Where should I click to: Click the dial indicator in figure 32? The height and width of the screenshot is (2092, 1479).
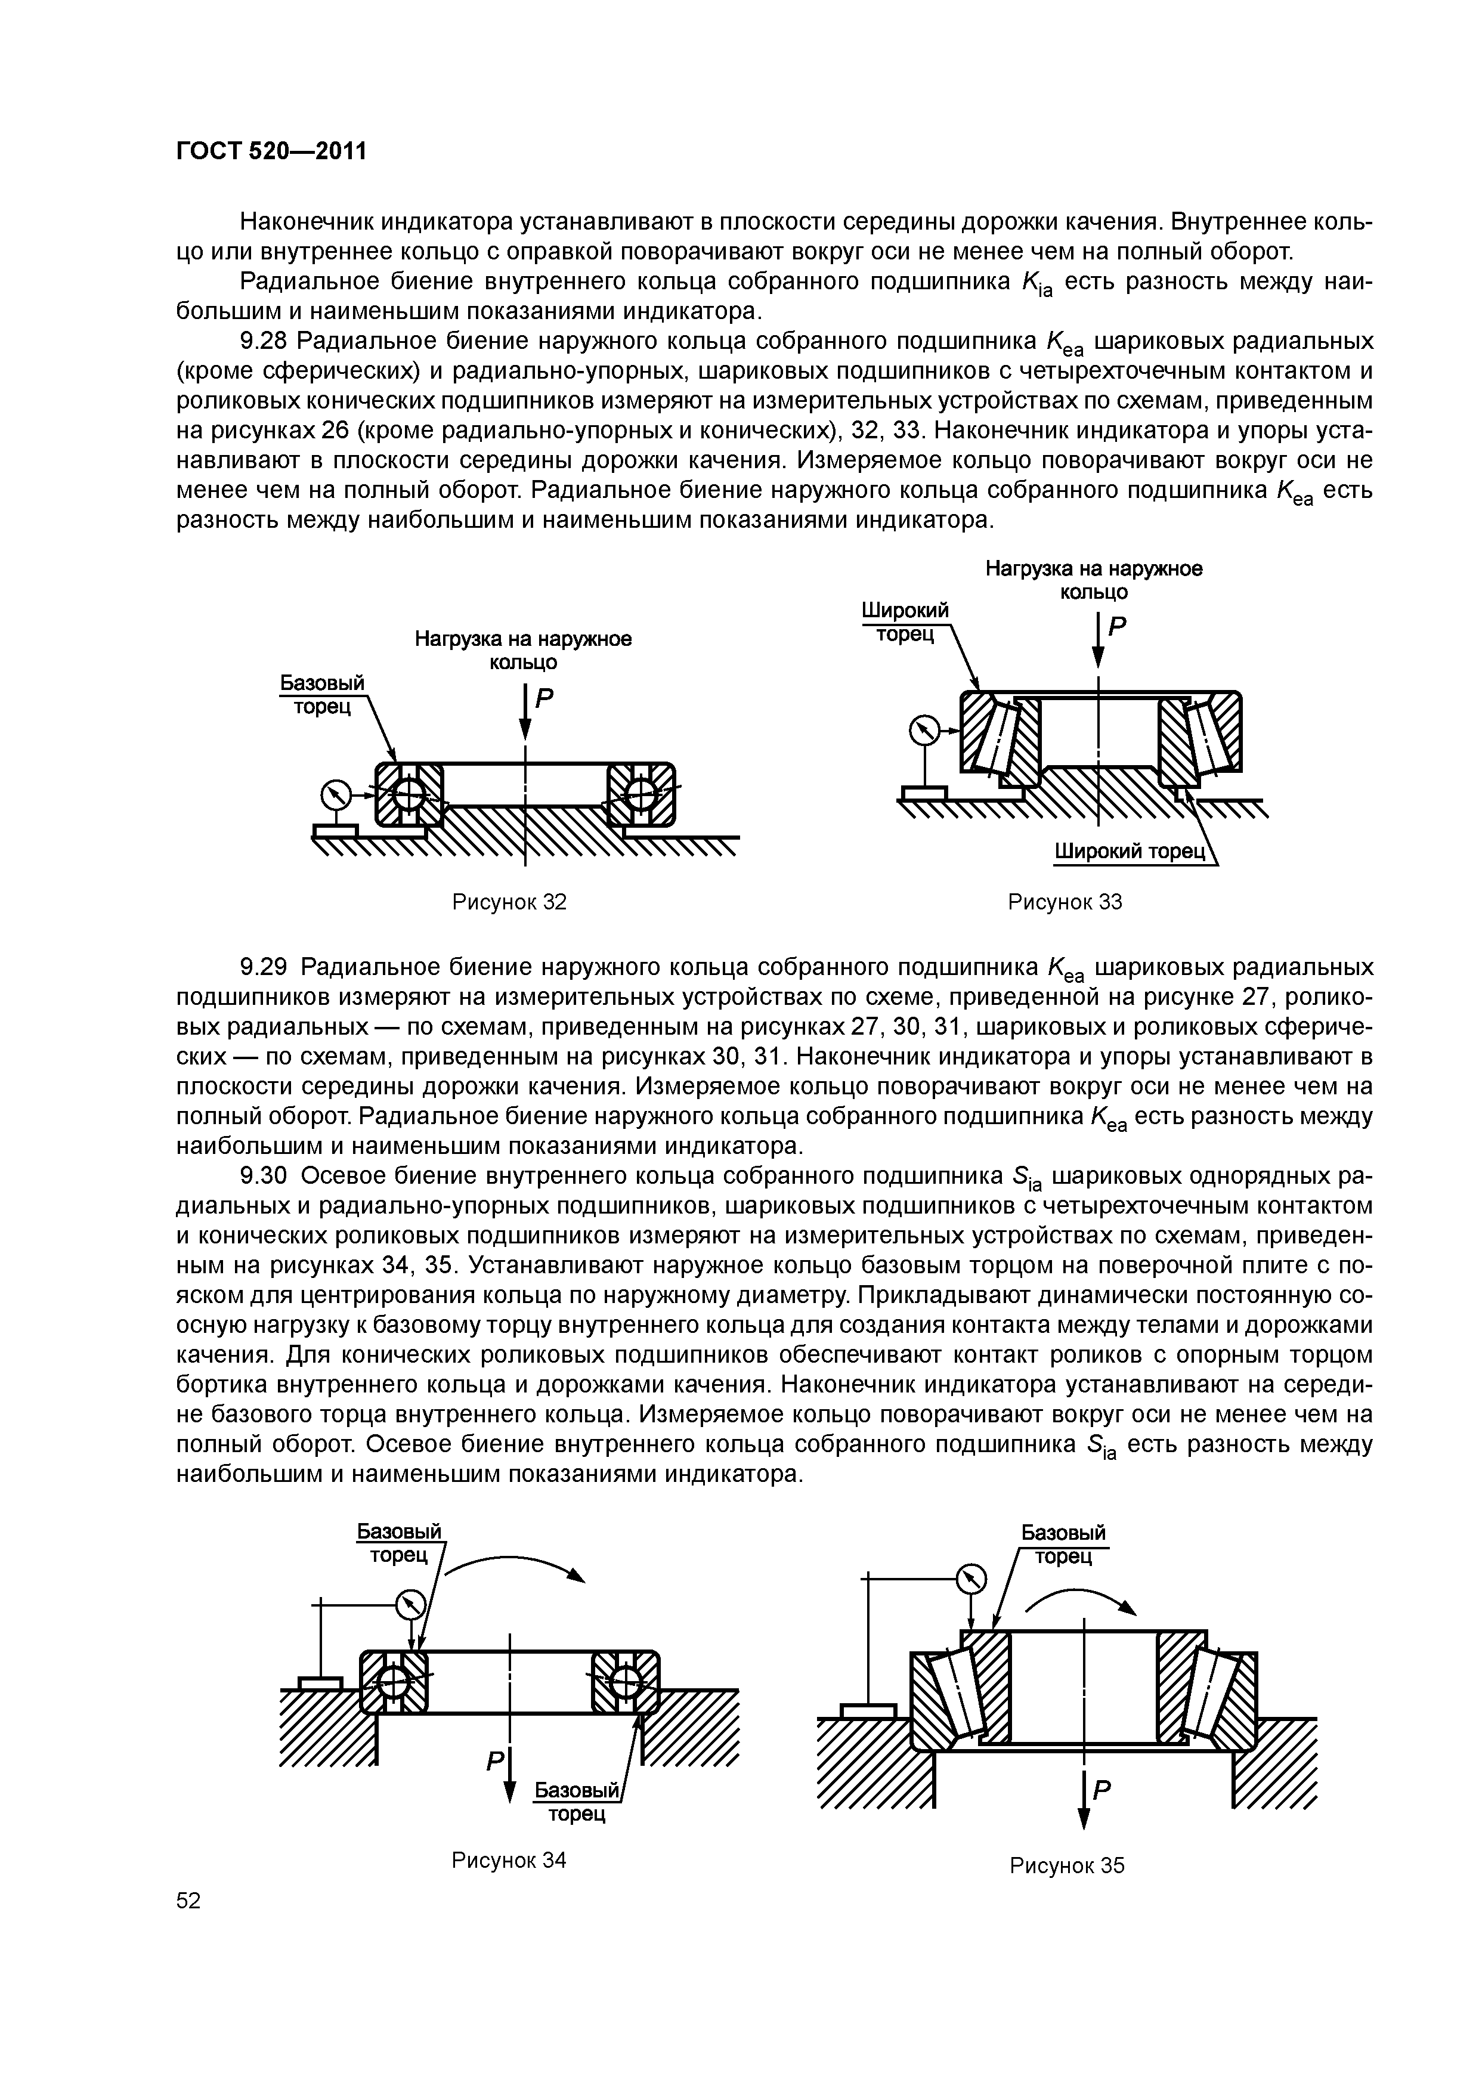click(x=335, y=794)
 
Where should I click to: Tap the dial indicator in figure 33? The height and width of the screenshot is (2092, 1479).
click(x=923, y=731)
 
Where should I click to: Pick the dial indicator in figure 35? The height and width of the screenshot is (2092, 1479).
click(x=972, y=1577)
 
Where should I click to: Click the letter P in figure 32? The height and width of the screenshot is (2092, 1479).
click(x=544, y=700)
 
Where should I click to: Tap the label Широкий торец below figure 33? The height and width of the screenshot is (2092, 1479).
click(x=1130, y=852)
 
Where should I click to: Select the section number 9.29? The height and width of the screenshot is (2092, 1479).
click(x=264, y=967)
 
